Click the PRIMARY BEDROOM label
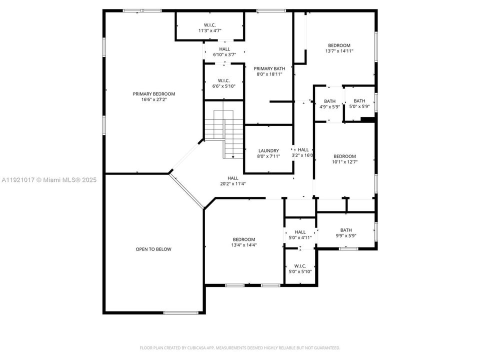(154, 94)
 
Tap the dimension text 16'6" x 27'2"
(154, 100)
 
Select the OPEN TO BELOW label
(153, 249)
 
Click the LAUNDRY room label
(268, 151)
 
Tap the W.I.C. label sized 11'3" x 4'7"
(209, 25)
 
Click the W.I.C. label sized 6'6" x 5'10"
(223, 80)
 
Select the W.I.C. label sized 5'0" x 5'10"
(300, 266)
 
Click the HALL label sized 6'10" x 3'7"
(224, 49)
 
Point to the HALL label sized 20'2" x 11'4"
(233, 178)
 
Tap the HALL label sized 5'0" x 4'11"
(300, 232)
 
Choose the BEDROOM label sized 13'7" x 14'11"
(339, 45)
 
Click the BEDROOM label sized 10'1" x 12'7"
(344, 156)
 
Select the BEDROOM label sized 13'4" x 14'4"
(243, 239)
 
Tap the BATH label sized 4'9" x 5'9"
(329, 101)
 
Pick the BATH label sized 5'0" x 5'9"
(359, 101)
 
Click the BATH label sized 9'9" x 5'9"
(346, 230)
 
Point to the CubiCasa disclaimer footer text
(240, 347)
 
